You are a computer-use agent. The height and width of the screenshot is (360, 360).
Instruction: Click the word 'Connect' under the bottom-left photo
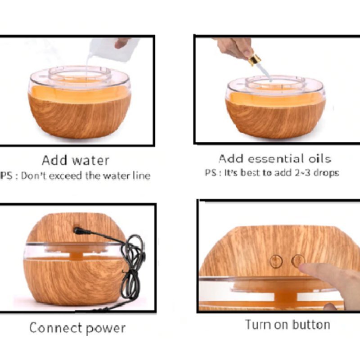pos(56,328)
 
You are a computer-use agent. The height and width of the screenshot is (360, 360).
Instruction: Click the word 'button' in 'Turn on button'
pos(308,324)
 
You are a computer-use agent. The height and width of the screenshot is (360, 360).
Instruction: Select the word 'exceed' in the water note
pos(66,176)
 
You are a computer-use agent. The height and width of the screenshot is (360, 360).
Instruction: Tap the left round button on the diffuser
pos(276,261)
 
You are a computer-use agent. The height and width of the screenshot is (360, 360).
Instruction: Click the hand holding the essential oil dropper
pos(234,48)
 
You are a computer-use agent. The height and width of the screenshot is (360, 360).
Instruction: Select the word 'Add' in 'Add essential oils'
pos(231,159)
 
